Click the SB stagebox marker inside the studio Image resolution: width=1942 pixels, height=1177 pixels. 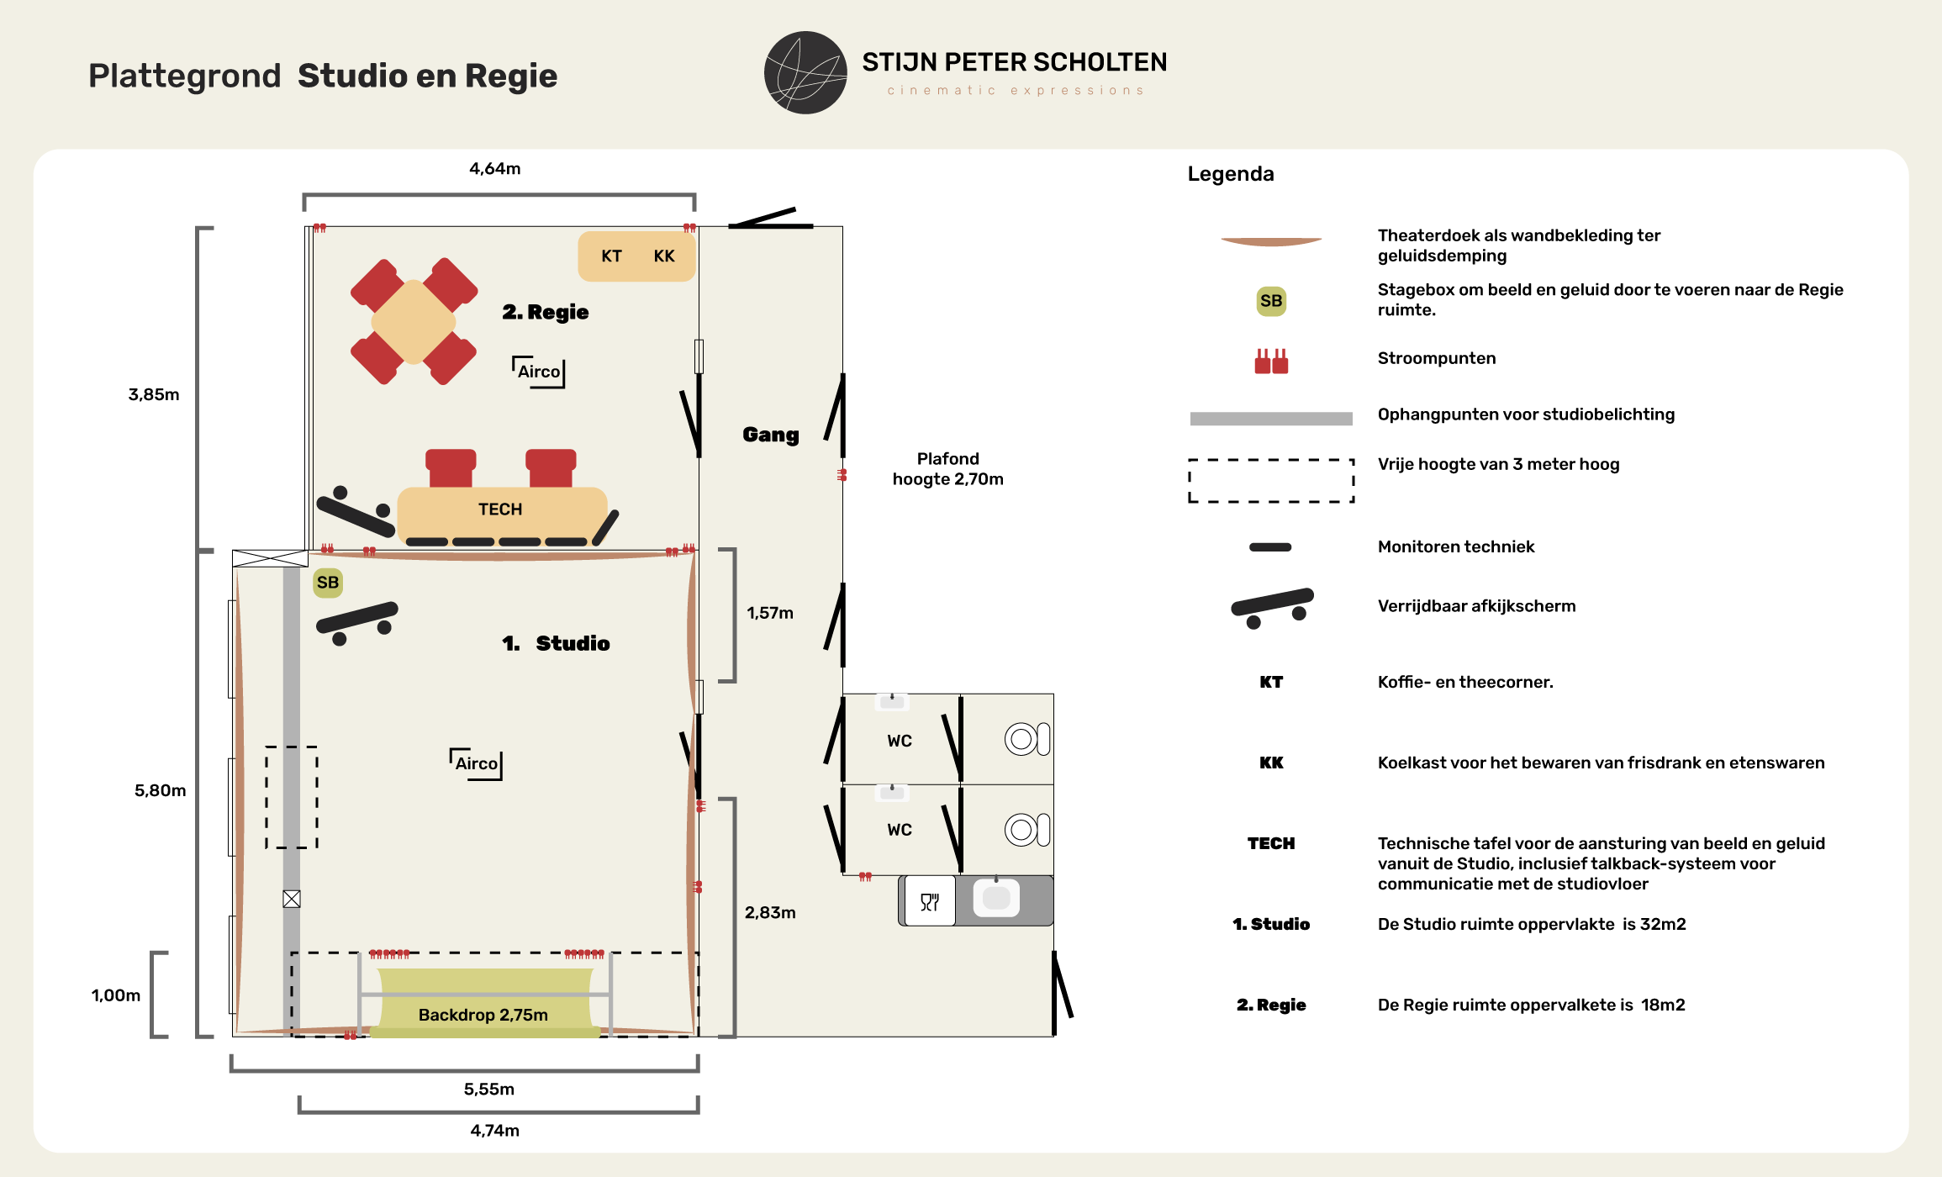(x=328, y=583)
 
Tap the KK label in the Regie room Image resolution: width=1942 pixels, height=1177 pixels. (x=664, y=256)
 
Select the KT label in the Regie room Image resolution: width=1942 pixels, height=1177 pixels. (x=611, y=256)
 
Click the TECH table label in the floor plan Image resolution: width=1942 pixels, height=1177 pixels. (x=500, y=509)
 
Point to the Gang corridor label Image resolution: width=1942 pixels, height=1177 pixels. (x=771, y=435)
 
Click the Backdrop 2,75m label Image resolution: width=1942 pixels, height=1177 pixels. (x=483, y=1015)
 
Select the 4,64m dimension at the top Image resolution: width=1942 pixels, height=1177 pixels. (x=495, y=169)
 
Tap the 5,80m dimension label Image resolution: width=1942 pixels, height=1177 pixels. (x=161, y=791)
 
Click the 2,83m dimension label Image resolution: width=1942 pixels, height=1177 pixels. (x=770, y=913)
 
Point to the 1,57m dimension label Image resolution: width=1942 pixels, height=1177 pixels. (x=770, y=614)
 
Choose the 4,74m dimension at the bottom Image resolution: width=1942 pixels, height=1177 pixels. (x=495, y=1131)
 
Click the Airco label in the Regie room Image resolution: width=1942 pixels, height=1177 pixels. (x=539, y=372)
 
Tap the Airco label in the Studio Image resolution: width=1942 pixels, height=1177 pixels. (x=477, y=763)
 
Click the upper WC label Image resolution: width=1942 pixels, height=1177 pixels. (x=900, y=742)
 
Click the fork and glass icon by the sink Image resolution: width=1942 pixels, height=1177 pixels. (x=930, y=901)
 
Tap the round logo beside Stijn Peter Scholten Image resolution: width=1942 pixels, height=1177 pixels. (x=805, y=73)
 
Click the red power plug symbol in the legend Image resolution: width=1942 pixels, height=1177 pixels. (x=1271, y=362)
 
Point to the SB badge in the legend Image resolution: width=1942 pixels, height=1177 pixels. (x=1271, y=301)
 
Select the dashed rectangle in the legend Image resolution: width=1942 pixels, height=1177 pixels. (x=1271, y=461)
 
